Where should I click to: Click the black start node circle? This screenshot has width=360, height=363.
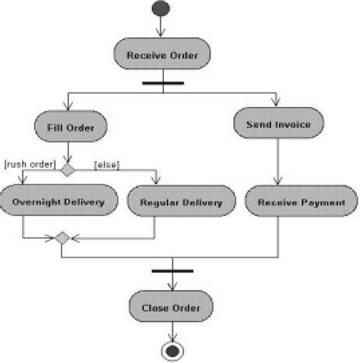point(161,11)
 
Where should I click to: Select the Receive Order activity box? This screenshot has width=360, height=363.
point(160,55)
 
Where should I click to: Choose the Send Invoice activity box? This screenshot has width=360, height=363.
point(279,123)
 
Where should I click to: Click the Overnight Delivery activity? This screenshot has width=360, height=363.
point(62,203)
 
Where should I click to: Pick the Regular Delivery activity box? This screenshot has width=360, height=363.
point(181,203)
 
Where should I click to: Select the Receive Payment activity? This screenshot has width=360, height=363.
point(301,203)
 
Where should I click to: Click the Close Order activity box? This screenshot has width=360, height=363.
point(171,308)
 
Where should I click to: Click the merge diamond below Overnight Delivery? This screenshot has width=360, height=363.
point(62,238)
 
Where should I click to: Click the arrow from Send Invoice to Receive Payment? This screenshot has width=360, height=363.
point(279,163)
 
